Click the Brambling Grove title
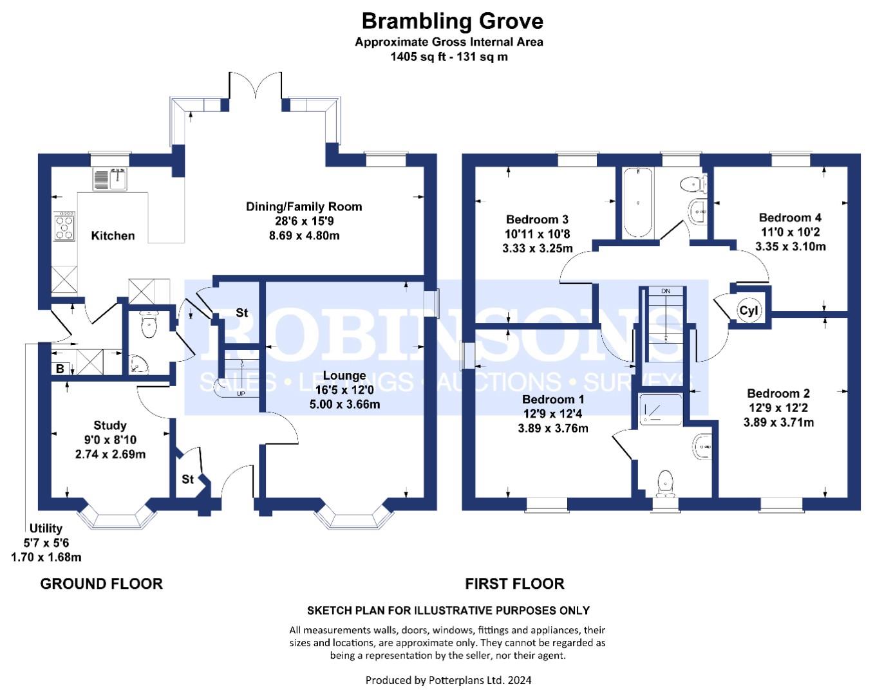[x=452, y=21]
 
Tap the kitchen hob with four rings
[x=64, y=225]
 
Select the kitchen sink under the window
[x=110, y=179]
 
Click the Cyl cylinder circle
[x=748, y=310]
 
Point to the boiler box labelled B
[x=61, y=369]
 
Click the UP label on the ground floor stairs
[x=241, y=393]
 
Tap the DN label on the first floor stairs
[x=666, y=291]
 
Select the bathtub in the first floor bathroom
[x=638, y=203]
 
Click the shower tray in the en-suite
[x=661, y=409]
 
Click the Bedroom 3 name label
[x=537, y=219]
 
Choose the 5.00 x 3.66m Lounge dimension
[x=344, y=404]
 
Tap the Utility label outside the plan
[x=46, y=528]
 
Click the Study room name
[x=109, y=425]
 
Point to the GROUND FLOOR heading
[x=102, y=584]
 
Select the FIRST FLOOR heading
[x=514, y=584]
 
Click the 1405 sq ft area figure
[x=418, y=57]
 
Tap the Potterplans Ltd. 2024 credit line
[x=448, y=681]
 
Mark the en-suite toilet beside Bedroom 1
[x=665, y=483]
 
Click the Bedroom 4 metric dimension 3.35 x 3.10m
[x=790, y=246]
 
